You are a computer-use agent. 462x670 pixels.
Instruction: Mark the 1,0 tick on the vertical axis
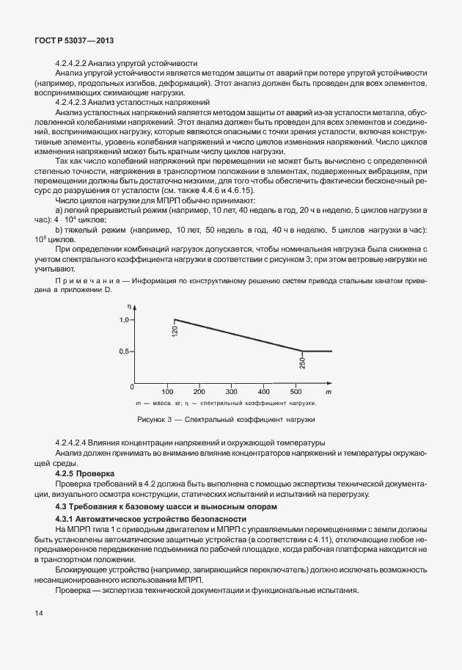point(122,320)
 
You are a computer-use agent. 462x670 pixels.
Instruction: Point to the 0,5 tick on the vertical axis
point(122,352)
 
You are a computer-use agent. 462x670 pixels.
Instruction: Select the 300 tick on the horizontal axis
point(231,391)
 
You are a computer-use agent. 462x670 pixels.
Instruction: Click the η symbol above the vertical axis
point(128,305)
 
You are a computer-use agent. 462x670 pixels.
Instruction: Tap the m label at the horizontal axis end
point(329,391)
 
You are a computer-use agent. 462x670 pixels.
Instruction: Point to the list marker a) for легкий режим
point(59,211)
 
